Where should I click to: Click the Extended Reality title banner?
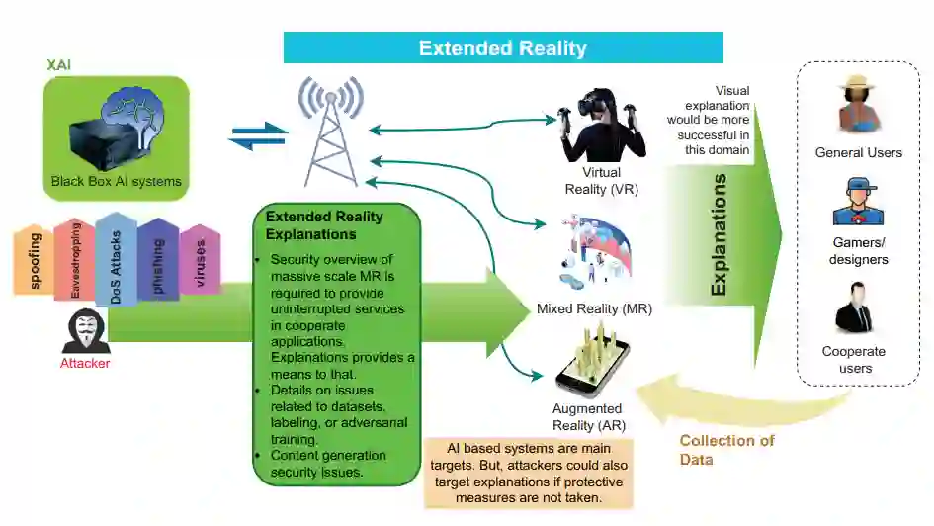[x=503, y=47]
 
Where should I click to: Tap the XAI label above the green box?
[x=58, y=64]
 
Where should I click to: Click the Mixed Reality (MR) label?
[x=594, y=309]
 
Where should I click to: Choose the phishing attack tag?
[x=157, y=259]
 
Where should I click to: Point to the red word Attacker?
[x=85, y=363]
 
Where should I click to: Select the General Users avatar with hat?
[x=858, y=105]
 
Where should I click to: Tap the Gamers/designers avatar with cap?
[x=857, y=202]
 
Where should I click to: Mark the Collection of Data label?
[x=726, y=450]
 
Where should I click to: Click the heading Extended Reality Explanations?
[x=324, y=225]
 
